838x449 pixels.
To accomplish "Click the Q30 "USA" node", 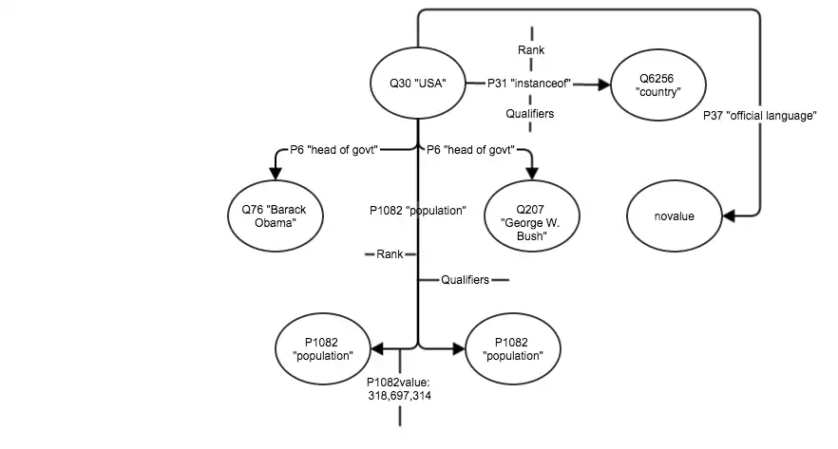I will point(418,84).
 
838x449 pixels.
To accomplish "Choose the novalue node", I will point(674,215).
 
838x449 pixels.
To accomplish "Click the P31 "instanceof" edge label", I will point(528,84).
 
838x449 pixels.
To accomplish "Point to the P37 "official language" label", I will point(760,116).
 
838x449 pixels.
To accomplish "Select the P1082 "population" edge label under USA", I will point(418,211).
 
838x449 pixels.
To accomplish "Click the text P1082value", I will point(399,382).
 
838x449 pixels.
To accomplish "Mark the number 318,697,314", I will point(399,395).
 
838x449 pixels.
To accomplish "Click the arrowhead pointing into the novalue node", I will point(729,215).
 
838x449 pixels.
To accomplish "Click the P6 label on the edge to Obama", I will point(334,149).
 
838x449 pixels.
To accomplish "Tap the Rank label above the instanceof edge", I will point(531,49).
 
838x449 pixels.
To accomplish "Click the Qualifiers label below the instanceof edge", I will point(531,114).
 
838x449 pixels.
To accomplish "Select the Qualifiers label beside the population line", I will point(466,280).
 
